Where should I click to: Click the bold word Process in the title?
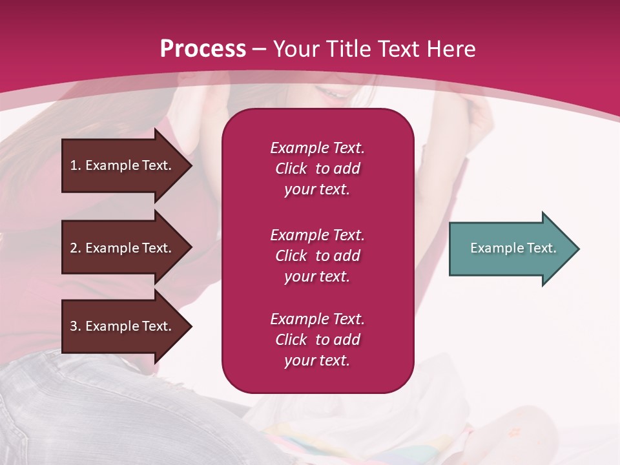point(203,49)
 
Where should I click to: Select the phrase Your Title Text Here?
point(374,49)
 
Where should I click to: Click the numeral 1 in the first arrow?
point(74,165)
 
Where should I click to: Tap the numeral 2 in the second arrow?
point(74,248)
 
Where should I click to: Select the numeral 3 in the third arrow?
point(74,326)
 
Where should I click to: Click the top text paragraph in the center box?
point(317,169)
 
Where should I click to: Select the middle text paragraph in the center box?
point(317,256)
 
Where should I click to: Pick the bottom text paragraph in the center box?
point(317,340)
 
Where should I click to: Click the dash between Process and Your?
point(259,50)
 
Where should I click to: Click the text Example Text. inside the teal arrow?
point(513,248)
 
